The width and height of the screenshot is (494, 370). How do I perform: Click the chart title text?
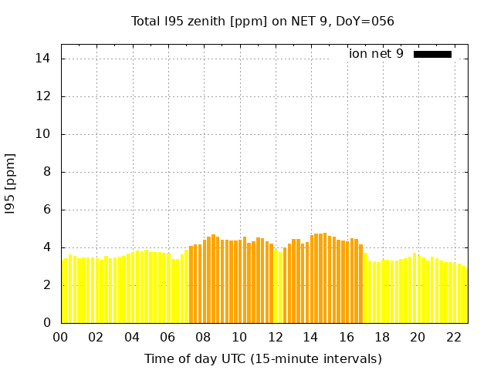(x=262, y=21)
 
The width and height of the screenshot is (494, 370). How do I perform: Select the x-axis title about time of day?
(x=262, y=358)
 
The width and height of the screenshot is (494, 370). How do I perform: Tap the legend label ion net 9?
(x=376, y=54)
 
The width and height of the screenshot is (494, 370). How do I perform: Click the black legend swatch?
(x=432, y=54)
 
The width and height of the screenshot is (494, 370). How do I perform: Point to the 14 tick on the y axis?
(x=43, y=59)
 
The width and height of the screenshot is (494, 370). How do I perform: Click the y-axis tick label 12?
(x=43, y=96)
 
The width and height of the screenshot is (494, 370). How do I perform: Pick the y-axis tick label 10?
(x=43, y=134)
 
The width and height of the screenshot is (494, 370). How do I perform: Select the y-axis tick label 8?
(x=46, y=172)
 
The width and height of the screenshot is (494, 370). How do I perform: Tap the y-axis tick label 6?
(x=46, y=210)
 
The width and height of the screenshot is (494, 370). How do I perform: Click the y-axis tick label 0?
(x=46, y=323)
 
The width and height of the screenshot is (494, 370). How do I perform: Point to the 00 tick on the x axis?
(x=61, y=337)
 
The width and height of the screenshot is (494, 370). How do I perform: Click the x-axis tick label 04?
(x=132, y=337)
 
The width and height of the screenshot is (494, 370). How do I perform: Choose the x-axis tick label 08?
(x=204, y=337)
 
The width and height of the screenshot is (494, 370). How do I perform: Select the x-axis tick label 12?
(x=276, y=337)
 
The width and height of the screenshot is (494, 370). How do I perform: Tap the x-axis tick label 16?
(x=347, y=337)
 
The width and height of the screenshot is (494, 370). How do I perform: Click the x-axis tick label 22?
(x=454, y=337)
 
